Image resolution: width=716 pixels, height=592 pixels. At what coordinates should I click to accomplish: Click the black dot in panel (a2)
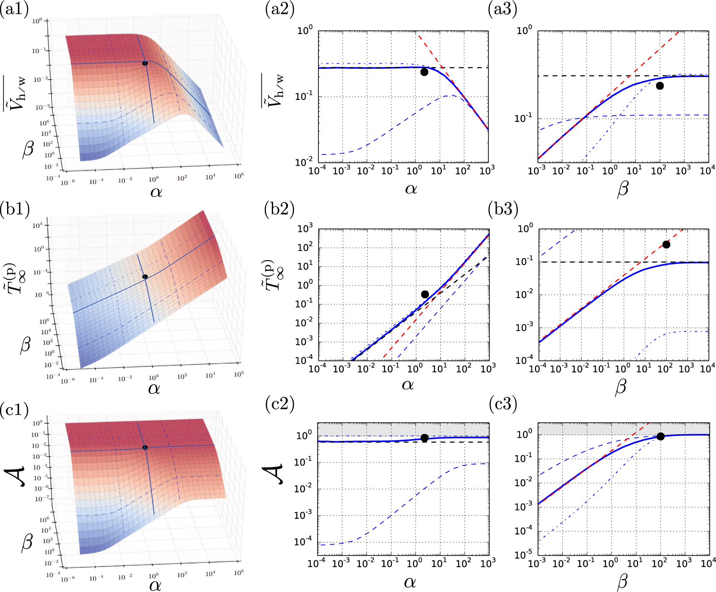(424, 72)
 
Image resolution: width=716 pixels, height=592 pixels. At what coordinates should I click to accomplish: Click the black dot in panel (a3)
(660, 86)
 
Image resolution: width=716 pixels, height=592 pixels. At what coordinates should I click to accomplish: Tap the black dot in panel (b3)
(666, 244)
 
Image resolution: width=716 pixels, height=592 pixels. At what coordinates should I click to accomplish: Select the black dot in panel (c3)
(660, 436)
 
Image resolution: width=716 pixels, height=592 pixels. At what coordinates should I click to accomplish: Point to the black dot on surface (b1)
(145, 277)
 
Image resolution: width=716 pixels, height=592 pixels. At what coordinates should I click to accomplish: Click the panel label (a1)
(15, 9)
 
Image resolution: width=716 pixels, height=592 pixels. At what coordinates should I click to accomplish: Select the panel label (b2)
(279, 209)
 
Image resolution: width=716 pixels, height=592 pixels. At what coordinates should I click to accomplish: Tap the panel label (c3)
(502, 404)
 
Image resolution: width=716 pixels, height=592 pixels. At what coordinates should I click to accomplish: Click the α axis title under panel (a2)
(411, 189)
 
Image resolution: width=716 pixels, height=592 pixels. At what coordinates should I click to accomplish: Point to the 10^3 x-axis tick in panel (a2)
(487, 170)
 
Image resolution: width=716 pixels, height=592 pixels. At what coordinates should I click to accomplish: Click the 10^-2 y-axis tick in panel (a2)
(304, 162)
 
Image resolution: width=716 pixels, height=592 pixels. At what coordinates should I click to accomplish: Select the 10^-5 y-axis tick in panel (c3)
(523, 555)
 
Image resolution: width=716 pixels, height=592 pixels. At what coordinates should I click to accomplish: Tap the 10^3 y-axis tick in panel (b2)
(305, 229)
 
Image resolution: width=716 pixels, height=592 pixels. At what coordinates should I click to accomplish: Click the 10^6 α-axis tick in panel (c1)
(239, 572)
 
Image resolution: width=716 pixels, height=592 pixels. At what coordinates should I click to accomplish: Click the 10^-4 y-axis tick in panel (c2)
(303, 542)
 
